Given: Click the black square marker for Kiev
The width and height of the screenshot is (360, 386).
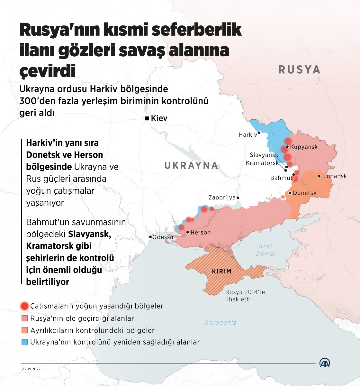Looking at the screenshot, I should point(147,118).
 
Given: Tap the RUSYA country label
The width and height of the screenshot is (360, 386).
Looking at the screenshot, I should point(299,69).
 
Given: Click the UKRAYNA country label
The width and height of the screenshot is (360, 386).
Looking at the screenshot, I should point(191,166).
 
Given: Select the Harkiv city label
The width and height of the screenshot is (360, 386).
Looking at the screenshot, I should point(248,135).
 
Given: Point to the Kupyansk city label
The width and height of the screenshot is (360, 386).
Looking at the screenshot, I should point(304,147).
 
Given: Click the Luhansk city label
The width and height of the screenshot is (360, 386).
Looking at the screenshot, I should point(335,176).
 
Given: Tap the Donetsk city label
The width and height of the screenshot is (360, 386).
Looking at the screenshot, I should point(304,193).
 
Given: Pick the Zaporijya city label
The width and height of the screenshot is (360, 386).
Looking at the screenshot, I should point(222,198).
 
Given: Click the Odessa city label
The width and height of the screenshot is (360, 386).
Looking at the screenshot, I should point(163,237).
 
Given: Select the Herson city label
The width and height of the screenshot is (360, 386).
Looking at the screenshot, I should point(200,232).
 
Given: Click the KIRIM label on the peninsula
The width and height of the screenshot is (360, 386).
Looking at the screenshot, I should point(222,271).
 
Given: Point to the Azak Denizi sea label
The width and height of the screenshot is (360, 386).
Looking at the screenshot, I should point(266,250).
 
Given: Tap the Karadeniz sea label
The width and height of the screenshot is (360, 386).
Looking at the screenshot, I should point(221,322).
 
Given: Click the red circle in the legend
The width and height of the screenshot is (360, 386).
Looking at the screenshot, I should point(24,306).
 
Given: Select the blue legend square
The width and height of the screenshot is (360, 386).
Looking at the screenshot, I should point(24,342).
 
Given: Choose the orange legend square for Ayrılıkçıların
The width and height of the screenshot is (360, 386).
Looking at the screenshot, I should point(24,330).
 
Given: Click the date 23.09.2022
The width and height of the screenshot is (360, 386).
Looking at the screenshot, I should point(31,369).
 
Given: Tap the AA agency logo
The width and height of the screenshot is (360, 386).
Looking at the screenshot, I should point(325,363).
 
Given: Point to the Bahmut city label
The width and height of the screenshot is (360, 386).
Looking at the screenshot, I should point(281,178).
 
